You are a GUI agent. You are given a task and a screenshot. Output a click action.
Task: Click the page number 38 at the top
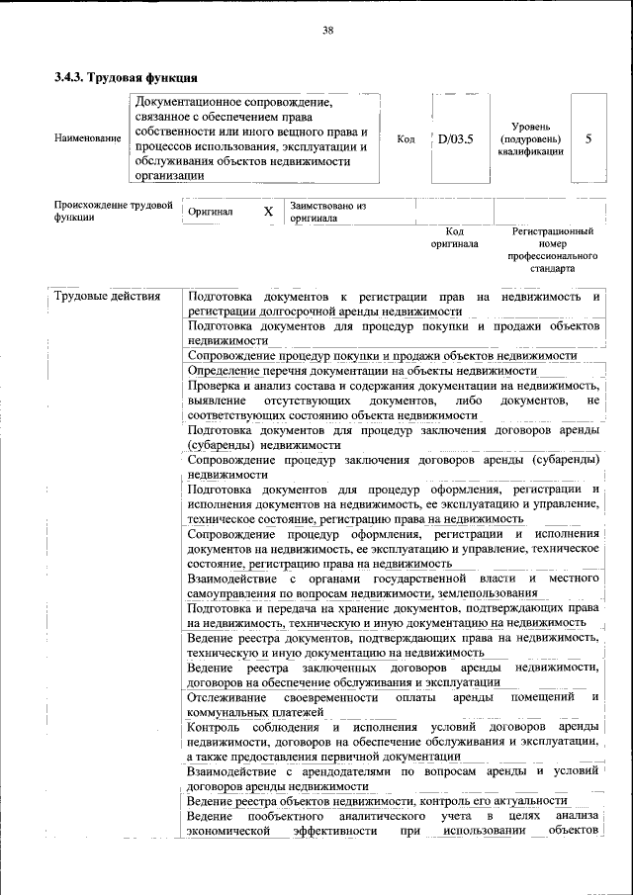pos(327,31)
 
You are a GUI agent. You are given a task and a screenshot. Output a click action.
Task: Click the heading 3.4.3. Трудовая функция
pos(127,77)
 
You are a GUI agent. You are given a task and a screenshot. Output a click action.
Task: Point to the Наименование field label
pos(88,139)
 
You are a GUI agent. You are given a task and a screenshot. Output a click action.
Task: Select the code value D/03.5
pos(456,138)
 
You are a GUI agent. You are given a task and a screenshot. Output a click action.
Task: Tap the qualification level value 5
pos(588,138)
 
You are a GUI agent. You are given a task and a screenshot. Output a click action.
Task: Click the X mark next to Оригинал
pos(268,212)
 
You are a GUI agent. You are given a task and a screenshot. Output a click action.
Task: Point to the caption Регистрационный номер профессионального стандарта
pos(553,249)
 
